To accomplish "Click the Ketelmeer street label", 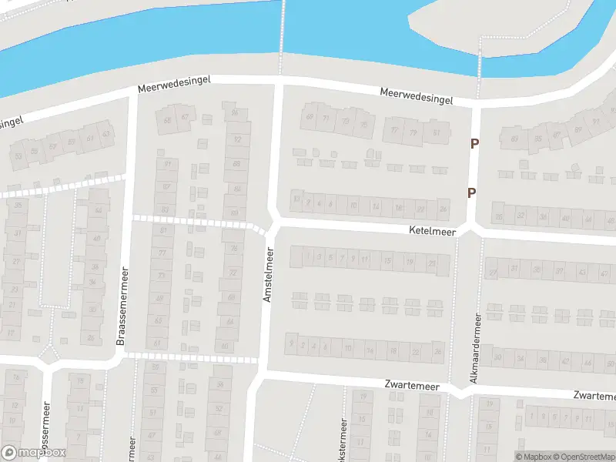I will pos(434,230).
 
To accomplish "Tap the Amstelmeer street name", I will pos(269,274).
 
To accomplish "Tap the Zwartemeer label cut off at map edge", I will pos(594,396).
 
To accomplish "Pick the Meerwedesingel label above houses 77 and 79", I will pos(417,96).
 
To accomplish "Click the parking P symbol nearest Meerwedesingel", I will pos(474,143).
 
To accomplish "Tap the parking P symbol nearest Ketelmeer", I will pos(471,193).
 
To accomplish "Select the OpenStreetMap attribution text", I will pos(583,457).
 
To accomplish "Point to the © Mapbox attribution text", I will pos(536,457).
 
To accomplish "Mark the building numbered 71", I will pos(326,119).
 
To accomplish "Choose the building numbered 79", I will pos(414,132).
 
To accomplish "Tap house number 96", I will pos(235,113).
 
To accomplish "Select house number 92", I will pos(236,139).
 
